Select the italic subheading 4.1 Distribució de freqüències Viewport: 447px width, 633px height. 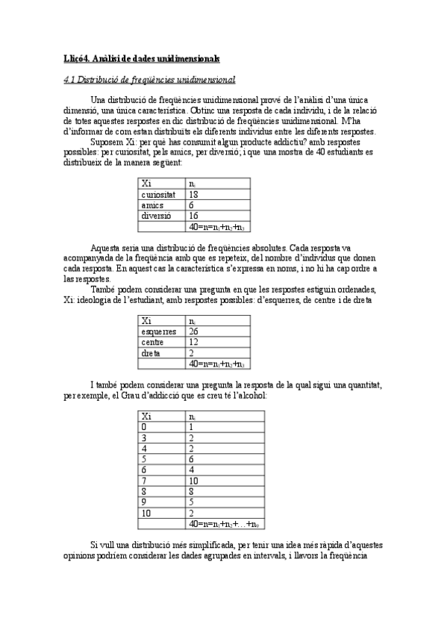point(150,79)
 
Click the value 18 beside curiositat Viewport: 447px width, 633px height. point(193,194)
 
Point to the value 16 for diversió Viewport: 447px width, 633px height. point(193,216)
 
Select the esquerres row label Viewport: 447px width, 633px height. point(158,331)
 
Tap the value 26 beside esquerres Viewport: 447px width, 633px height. point(193,331)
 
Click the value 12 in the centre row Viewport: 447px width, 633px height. point(193,343)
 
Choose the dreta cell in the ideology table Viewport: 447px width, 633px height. point(151,354)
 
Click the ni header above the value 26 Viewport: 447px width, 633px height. point(193,320)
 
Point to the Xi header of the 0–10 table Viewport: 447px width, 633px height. point(147,417)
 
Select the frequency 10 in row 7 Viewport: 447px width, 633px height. point(193,481)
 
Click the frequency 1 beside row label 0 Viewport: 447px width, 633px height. point(192,428)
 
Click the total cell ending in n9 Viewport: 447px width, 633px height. point(223,526)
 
